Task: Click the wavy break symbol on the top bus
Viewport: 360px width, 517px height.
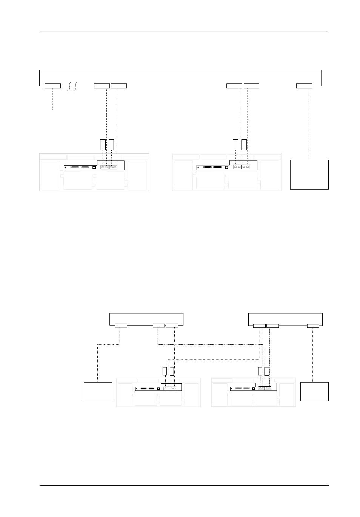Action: click(x=72, y=86)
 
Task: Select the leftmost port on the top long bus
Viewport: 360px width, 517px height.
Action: click(x=52, y=86)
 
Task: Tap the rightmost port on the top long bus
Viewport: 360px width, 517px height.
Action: click(x=304, y=86)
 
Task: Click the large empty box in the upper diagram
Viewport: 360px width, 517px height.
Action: click(x=309, y=174)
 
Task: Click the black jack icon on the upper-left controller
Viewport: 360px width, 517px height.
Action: click(x=94, y=167)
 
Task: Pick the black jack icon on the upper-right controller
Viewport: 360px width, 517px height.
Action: click(x=226, y=167)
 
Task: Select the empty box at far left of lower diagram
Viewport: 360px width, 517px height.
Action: click(x=97, y=391)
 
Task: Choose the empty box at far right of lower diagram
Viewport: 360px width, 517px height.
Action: click(x=314, y=391)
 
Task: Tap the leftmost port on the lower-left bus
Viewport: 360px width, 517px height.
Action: click(x=120, y=326)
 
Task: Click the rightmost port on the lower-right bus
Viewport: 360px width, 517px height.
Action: click(x=313, y=326)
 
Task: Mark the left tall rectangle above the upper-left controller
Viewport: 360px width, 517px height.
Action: click(x=102, y=145)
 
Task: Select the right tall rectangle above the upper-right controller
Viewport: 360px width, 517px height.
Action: click(x=244, y=145)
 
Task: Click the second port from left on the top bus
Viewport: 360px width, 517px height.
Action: click(x=102, y=86)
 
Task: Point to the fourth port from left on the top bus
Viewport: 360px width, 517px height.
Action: click(x=234, y=86)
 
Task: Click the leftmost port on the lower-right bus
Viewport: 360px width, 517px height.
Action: click(x=259, y=326)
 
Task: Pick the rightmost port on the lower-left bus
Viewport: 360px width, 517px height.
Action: click(x=172, y=326)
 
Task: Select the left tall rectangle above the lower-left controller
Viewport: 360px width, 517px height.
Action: click(x=165, y=371)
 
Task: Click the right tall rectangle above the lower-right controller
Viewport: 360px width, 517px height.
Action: click(x=267, y=371)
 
